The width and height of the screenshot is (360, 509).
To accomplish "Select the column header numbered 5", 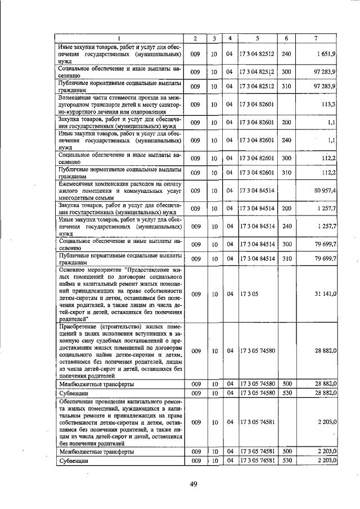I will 256,38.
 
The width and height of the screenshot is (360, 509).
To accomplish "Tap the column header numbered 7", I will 316,38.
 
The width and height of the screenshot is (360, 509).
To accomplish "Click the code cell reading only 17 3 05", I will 248,294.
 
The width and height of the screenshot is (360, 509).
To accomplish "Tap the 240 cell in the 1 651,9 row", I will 286,53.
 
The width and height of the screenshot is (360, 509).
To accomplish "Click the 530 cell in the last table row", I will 286,461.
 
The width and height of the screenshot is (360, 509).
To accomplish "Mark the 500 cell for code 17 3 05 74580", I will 286,384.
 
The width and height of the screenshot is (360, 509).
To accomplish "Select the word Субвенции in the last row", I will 75,461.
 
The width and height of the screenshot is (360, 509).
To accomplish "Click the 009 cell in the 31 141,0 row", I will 195,294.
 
